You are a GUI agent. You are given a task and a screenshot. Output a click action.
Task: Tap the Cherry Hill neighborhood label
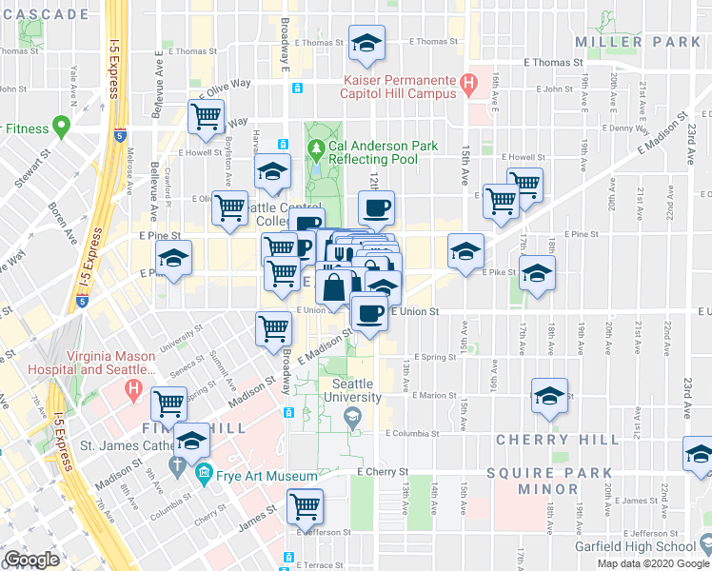[544, 440]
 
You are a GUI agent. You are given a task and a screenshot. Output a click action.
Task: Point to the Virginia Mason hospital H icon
[134, 390]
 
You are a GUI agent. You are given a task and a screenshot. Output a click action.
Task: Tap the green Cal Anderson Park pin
[316, 149]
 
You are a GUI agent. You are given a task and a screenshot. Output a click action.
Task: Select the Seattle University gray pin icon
[352, 415]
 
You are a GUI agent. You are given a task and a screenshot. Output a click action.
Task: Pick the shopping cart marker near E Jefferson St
[305, 505]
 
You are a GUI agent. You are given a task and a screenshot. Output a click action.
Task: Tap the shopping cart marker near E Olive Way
[207, 116]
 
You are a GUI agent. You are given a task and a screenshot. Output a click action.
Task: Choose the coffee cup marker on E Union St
[369, 312]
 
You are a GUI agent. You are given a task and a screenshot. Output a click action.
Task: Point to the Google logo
[30, 560]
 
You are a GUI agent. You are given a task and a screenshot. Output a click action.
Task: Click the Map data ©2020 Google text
[653, 563]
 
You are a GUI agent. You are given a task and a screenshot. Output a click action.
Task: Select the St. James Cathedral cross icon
[176, 465]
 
